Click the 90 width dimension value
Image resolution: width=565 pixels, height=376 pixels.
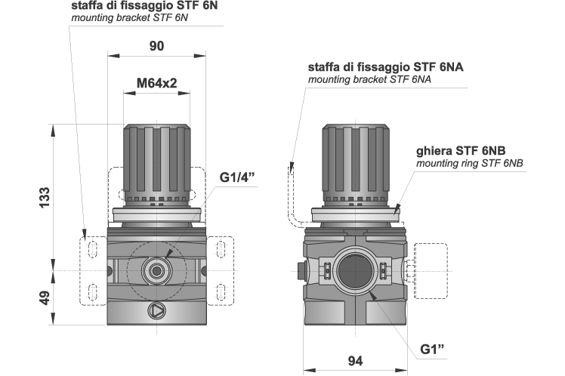156,46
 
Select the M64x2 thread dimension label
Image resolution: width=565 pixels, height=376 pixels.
156,83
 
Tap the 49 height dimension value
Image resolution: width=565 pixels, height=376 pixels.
44,297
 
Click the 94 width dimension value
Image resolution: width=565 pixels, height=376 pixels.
355,362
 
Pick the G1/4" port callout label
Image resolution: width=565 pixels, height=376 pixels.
238,178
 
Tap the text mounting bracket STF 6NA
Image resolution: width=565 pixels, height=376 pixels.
369,79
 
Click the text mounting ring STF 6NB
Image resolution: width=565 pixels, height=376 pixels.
470,162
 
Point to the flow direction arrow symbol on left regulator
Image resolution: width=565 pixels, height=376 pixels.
156,310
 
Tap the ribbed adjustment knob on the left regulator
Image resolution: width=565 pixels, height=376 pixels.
156,159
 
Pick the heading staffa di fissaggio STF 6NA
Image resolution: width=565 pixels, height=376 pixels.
385,66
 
